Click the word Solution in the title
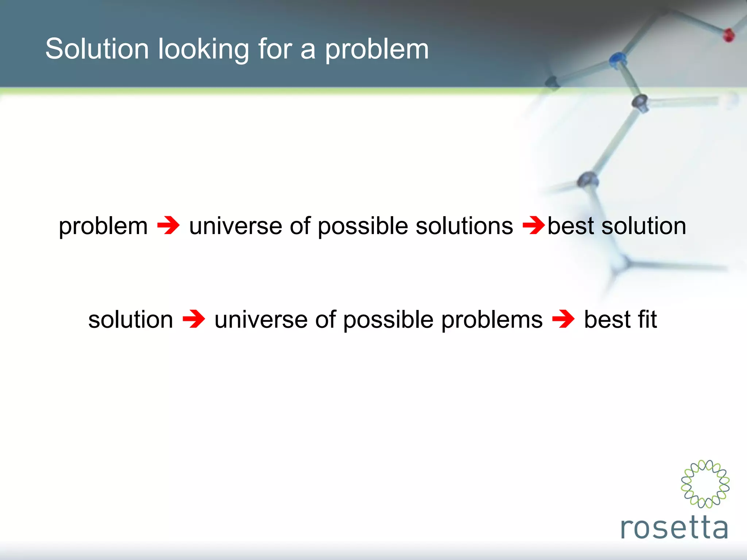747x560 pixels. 97,49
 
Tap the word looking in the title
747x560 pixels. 203,50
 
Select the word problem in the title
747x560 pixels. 376,50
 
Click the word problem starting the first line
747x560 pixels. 103,226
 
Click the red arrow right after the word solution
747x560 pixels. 194,319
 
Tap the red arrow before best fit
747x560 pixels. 563,319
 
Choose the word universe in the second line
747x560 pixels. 260,320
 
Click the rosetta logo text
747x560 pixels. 674,528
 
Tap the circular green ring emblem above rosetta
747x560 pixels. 705,484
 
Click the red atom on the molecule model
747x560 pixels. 728,35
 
